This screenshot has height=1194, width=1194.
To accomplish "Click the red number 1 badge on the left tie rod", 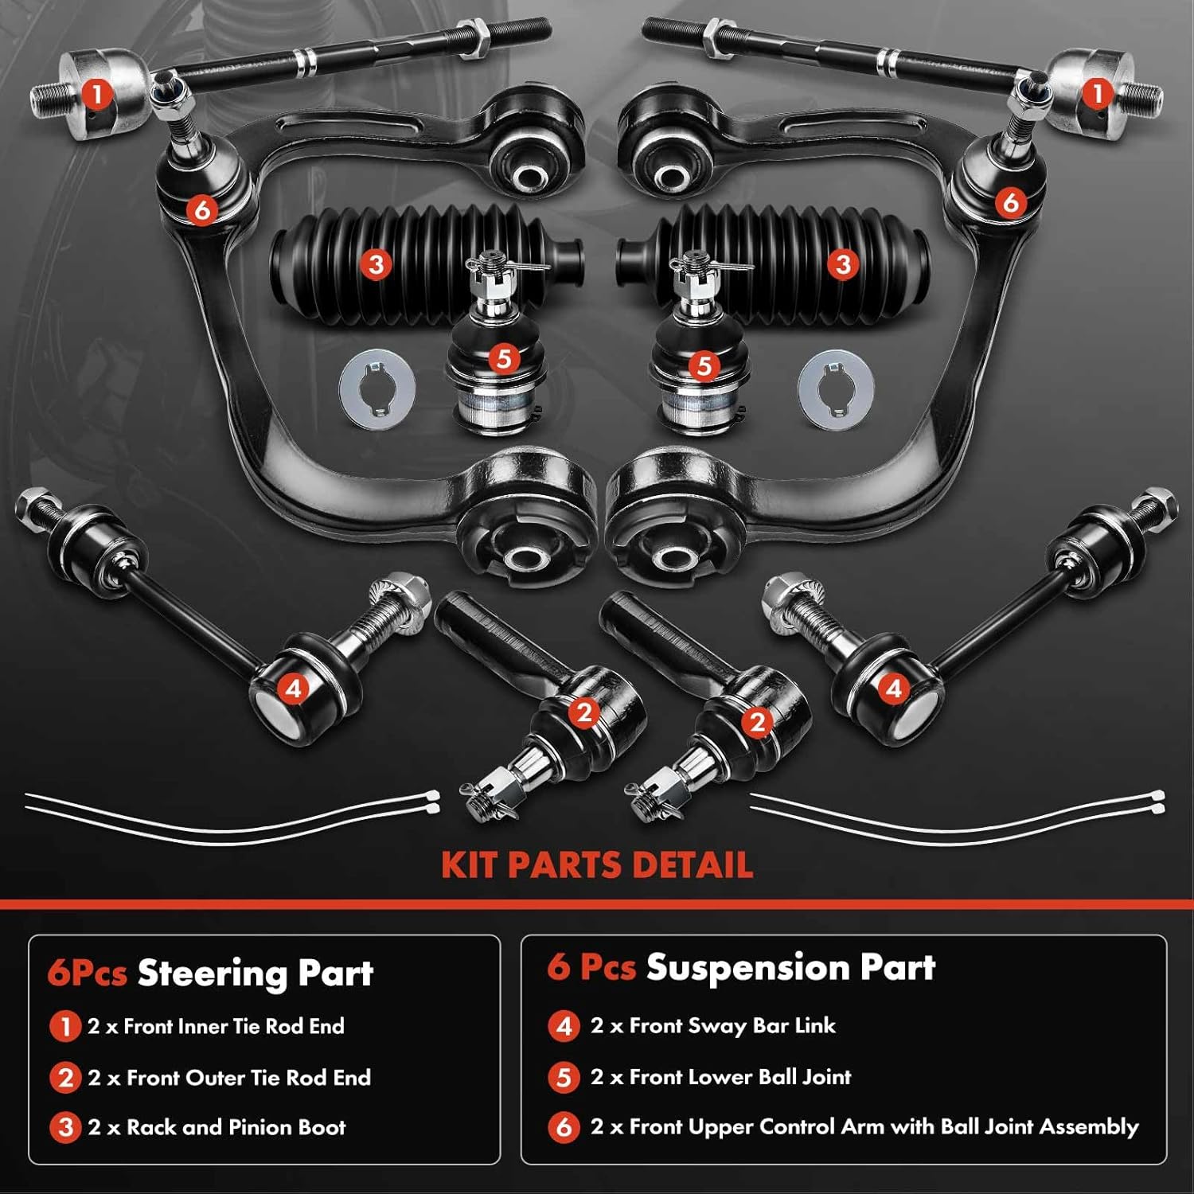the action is point(97,95).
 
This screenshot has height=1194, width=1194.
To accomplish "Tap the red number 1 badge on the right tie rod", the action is point(1097,93).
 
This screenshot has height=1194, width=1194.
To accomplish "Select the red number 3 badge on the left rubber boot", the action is point(376,263).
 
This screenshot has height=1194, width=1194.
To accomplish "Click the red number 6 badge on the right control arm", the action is point(1010,201).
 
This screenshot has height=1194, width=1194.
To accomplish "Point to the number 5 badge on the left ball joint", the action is point(503,359).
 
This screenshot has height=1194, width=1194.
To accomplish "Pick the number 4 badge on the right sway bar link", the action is point(893,688).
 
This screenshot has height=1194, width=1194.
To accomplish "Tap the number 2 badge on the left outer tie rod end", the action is point(585,712).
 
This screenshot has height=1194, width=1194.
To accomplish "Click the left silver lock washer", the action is point(377,390).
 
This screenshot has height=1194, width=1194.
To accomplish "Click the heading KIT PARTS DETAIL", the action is point(597,865).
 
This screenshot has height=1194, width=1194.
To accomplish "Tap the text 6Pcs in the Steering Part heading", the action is point(87,973).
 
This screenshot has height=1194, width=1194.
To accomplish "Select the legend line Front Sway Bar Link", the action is point(713,1025).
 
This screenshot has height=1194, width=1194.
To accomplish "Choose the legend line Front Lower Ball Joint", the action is point(720,1077).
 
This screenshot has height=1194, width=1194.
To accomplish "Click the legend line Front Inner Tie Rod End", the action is point(216,1026).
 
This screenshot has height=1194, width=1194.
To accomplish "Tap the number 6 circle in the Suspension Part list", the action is point(564,1127).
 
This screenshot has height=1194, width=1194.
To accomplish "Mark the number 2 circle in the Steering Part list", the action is point(65,1078).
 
